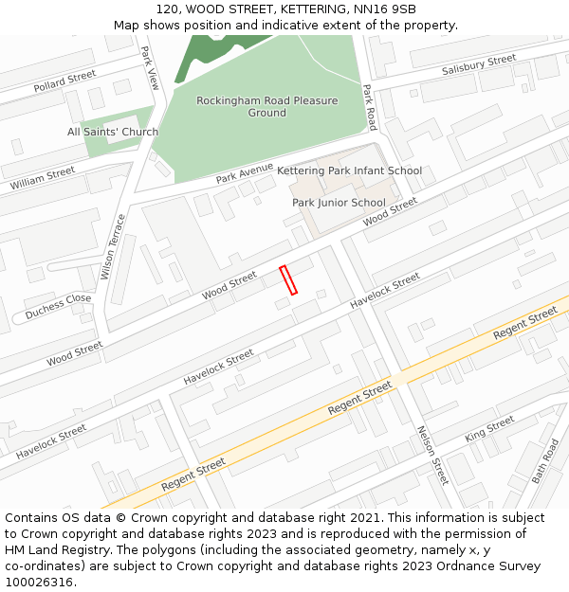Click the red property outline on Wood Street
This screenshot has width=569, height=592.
pos(288,280)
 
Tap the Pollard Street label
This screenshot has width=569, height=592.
pos(64,81)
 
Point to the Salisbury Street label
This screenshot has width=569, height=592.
pos(479,65)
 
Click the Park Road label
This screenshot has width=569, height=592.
pos(370,107)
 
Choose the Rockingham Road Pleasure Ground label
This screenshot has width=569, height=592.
pos(267,107)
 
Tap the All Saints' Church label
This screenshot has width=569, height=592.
pos(113,132)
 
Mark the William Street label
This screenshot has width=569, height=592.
pos(43,178)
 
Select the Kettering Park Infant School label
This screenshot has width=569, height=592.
pos(349,171)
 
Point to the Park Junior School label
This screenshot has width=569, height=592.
pos(339,203)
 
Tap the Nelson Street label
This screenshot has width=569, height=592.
pos(432,455)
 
